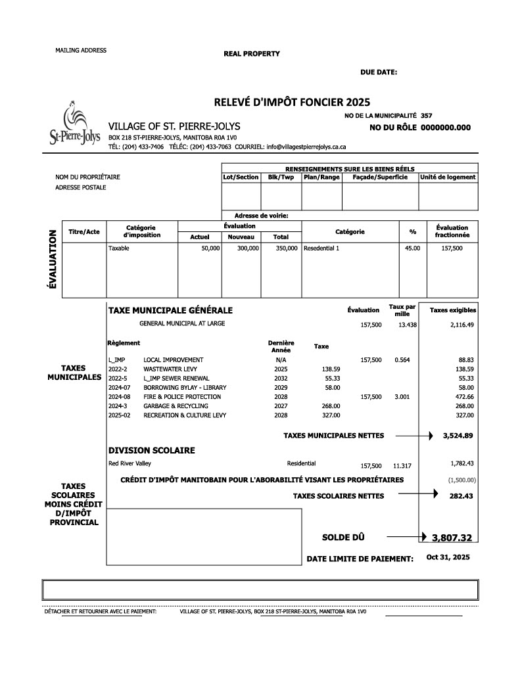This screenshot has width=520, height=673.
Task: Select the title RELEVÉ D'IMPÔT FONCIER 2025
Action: (x=292, y=102)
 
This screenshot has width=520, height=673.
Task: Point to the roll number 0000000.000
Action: (x=446, y=128)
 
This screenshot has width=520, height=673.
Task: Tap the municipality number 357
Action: (x=427, y=116)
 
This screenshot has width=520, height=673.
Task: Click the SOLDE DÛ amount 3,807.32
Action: (x=452, y=538)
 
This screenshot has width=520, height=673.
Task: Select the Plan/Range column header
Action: (x=321, y=177)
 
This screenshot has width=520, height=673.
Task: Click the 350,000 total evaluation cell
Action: (x=287, y=248)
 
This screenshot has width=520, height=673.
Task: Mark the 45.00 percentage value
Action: (x=412, y=248)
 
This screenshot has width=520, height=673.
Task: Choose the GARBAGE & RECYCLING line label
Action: (x=176, y=406)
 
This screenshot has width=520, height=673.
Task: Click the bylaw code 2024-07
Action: (x=119, y=388)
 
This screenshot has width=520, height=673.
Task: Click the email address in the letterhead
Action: (x=306, y=147)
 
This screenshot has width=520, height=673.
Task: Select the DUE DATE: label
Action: (x=378, y=72)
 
